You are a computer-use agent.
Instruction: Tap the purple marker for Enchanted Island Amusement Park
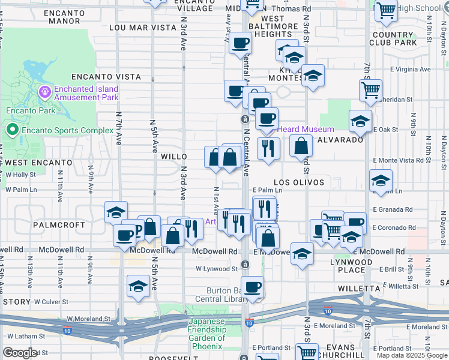click(x=44, y=92)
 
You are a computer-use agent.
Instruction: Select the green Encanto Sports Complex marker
click(x=11, y=130)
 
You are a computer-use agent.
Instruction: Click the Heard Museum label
click(x=305, y=129)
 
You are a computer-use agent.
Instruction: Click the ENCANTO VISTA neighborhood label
click(x=106, y=77)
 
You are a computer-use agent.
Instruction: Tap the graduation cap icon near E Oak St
click(x=360, y=121)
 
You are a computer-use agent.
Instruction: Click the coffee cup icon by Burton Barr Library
click(x=253, y=287)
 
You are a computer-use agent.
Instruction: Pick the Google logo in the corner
click(x=19, y=353)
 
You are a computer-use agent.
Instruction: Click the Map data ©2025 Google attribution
click(x=412, y=355)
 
